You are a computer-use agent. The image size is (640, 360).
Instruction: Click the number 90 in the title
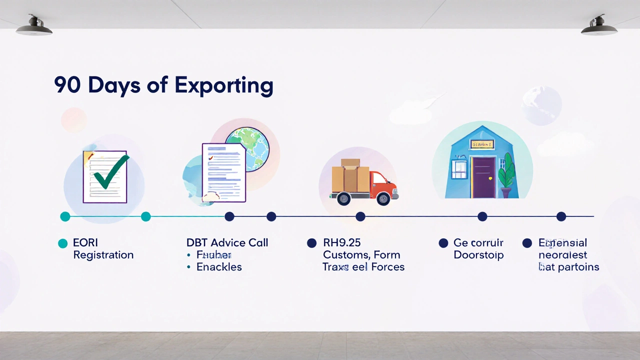[67, 85]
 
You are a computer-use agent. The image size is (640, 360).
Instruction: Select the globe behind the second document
[247, 148]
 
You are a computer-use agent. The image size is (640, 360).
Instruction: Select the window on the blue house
[459, 169]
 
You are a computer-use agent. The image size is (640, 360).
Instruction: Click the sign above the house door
[482, 144]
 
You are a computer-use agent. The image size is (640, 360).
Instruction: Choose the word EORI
[85, 243]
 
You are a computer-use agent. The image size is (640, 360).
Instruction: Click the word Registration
[103, 255]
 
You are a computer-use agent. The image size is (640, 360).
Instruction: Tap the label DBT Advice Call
[227, 243]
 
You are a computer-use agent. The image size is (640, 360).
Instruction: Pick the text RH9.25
[341, 243]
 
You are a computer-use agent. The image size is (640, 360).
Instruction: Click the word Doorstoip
[478, 255]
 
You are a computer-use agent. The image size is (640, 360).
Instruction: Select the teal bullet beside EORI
[62, 243]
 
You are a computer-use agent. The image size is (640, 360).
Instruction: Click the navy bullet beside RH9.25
[311, 243]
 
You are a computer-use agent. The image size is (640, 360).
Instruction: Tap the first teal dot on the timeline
[65, 216]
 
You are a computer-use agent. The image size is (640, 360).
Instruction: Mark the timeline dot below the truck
[360, 216]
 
